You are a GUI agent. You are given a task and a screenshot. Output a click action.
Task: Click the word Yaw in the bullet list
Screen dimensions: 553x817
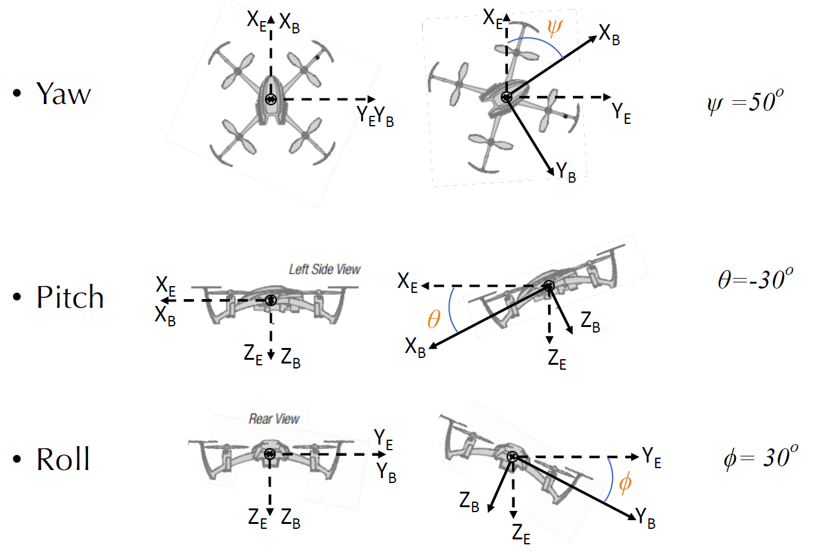[63, 94]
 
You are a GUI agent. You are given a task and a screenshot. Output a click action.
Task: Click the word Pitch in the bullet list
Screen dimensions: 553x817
[69, 298]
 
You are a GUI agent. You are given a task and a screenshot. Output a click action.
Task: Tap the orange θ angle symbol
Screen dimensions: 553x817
[434, 320]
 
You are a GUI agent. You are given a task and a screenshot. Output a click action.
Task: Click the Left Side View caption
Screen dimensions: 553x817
[325, 269]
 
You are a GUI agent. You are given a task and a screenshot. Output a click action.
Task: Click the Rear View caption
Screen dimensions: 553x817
[274, 419]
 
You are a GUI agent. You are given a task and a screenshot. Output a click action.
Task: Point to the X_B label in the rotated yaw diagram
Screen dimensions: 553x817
[609, 36]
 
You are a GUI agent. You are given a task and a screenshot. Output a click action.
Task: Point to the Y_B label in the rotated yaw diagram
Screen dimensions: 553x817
[566, 174]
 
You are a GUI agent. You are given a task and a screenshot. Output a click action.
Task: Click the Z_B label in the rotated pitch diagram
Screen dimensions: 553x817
[590, 321]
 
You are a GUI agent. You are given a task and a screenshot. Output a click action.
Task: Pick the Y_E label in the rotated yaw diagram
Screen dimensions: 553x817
[621, 113]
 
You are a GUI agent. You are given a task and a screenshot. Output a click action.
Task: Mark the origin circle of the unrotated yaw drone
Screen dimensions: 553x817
[270, 99]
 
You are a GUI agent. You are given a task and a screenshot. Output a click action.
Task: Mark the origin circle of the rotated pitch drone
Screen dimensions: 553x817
[548, 286]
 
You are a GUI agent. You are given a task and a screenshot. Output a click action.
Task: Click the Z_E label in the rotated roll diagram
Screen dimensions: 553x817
[521, 532]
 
